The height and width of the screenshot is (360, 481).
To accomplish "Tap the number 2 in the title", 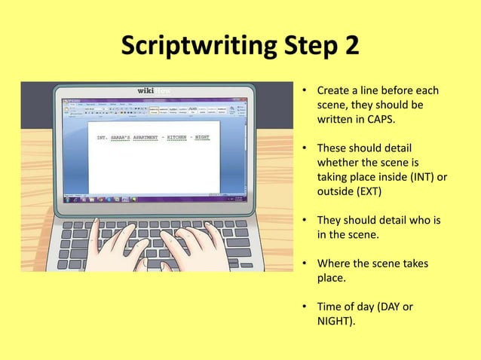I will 350,47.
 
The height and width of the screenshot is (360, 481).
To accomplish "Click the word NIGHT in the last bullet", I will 335,322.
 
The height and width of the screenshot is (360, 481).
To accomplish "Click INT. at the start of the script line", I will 103,138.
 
